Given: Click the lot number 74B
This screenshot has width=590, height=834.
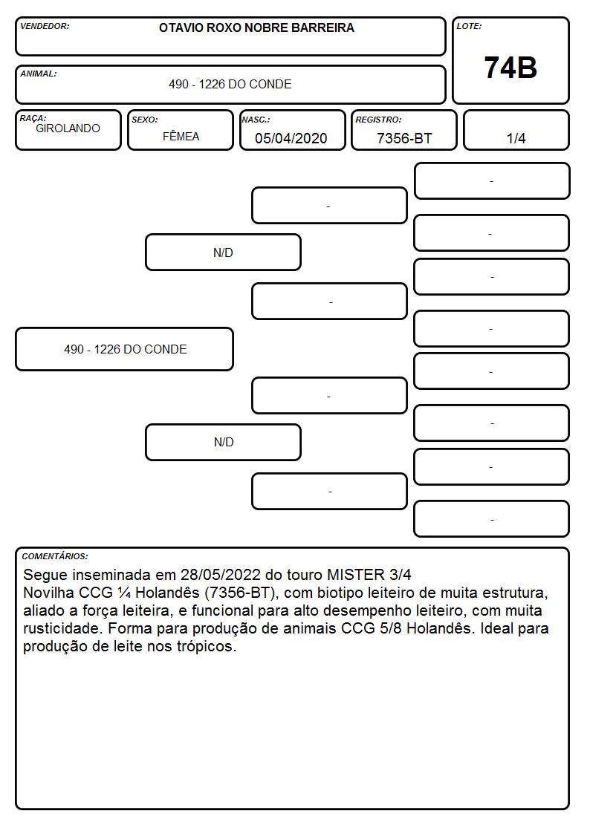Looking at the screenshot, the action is (510, 68).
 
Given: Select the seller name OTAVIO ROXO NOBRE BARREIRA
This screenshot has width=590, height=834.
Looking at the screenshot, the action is (256, 27).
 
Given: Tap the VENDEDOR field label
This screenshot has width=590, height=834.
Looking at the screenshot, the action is (45, 26).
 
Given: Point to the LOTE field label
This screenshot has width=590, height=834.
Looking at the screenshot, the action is (469, 26).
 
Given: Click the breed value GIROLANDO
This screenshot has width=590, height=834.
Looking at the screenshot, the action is (68, 128).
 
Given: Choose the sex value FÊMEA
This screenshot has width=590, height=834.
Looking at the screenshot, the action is (181, 136).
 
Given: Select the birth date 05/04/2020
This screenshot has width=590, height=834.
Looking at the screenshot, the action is (291, 138).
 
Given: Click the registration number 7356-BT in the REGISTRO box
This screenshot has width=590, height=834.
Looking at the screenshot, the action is (404, 138).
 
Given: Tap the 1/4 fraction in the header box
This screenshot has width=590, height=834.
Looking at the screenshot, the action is (516, 138).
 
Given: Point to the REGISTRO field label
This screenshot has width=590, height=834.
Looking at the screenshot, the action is (379, 120).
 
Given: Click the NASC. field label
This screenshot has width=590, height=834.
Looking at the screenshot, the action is (256, 120).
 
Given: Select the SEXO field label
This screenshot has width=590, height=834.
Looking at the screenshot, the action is (145, 120).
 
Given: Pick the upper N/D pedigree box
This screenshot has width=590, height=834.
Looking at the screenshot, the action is (224, 253).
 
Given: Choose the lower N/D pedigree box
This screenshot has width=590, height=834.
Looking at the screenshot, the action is (224, 442).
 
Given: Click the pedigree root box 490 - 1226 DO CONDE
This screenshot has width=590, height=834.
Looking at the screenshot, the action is (125, 349).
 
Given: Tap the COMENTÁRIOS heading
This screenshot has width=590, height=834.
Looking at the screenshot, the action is (55, 556).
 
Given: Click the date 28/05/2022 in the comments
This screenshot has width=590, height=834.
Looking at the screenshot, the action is (221, 575).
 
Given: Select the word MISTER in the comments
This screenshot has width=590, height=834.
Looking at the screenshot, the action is (355, 575).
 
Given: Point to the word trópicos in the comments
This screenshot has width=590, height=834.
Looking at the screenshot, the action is (207, 647).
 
